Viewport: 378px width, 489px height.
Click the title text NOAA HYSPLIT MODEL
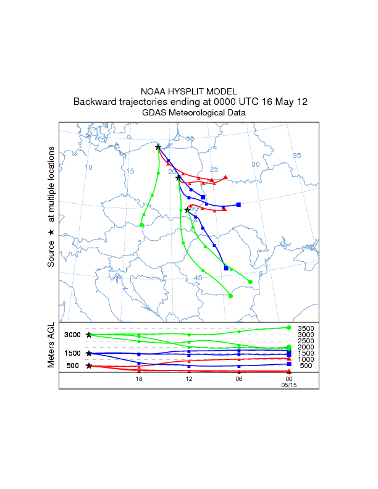click(188, 91)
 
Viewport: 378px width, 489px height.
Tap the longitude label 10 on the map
click(88, 167)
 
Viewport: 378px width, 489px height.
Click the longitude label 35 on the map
click(296, 156)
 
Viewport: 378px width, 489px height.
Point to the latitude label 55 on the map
click(190, 138)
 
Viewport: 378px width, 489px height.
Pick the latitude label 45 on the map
click(198, 278)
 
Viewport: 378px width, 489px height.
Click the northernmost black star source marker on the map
click(158, 147)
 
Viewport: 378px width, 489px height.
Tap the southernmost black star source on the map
click(187, 211)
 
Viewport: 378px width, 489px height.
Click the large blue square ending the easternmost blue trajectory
click(238, 204)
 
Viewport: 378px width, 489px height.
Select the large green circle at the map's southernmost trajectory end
click(230, 296)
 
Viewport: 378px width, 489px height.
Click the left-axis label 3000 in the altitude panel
click(73, 335)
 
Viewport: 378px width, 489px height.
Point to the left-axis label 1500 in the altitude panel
click(73, 353)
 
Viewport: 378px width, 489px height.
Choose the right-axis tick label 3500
click(306, 328)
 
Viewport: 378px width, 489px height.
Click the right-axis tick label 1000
click(306, 359)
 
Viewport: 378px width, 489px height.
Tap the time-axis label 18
click(139, 379)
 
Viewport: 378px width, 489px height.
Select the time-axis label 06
click(238, 379)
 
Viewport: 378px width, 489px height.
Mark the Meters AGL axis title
click(51, 346)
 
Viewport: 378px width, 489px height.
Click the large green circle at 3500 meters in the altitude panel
click(289, 327)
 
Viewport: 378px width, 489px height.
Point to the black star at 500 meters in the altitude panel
click(89, 366)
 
